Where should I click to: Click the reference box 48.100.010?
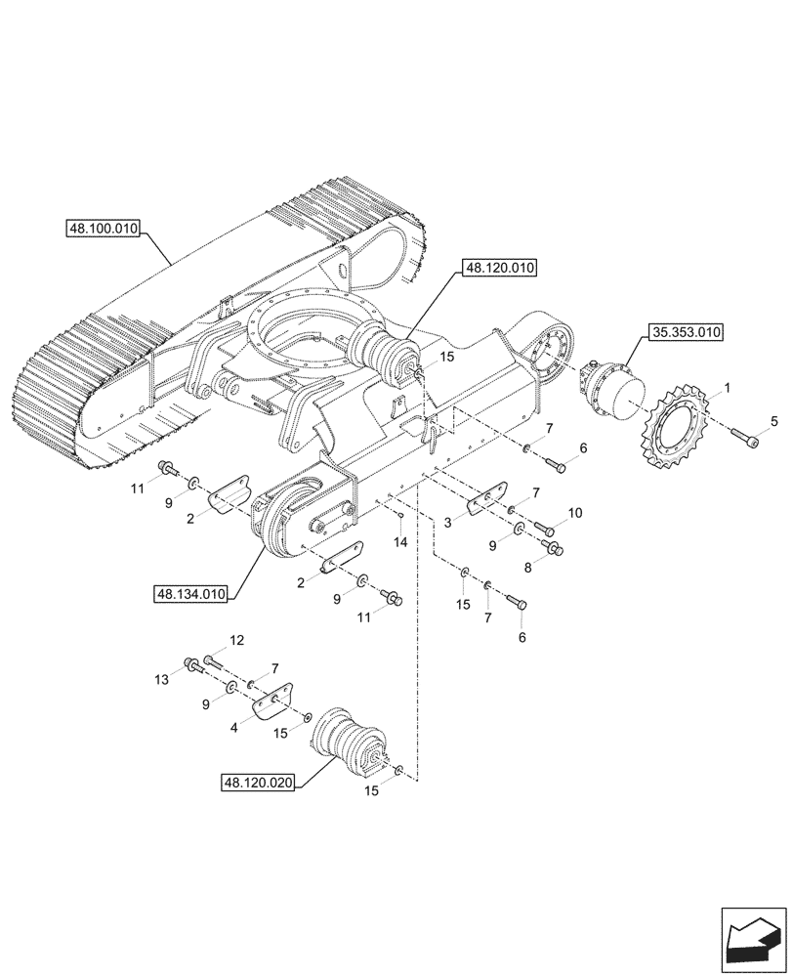(103, 230)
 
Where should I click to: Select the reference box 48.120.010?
(501, 267)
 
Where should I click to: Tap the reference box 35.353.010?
(684, 333)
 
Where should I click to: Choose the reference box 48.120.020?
(258, 783)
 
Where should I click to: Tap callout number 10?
(574, 513)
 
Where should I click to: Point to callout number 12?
(235, 641)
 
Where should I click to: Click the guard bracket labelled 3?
(484, 503)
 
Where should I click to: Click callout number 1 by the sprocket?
(726, 388)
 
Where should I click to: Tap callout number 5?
(774, 422)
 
